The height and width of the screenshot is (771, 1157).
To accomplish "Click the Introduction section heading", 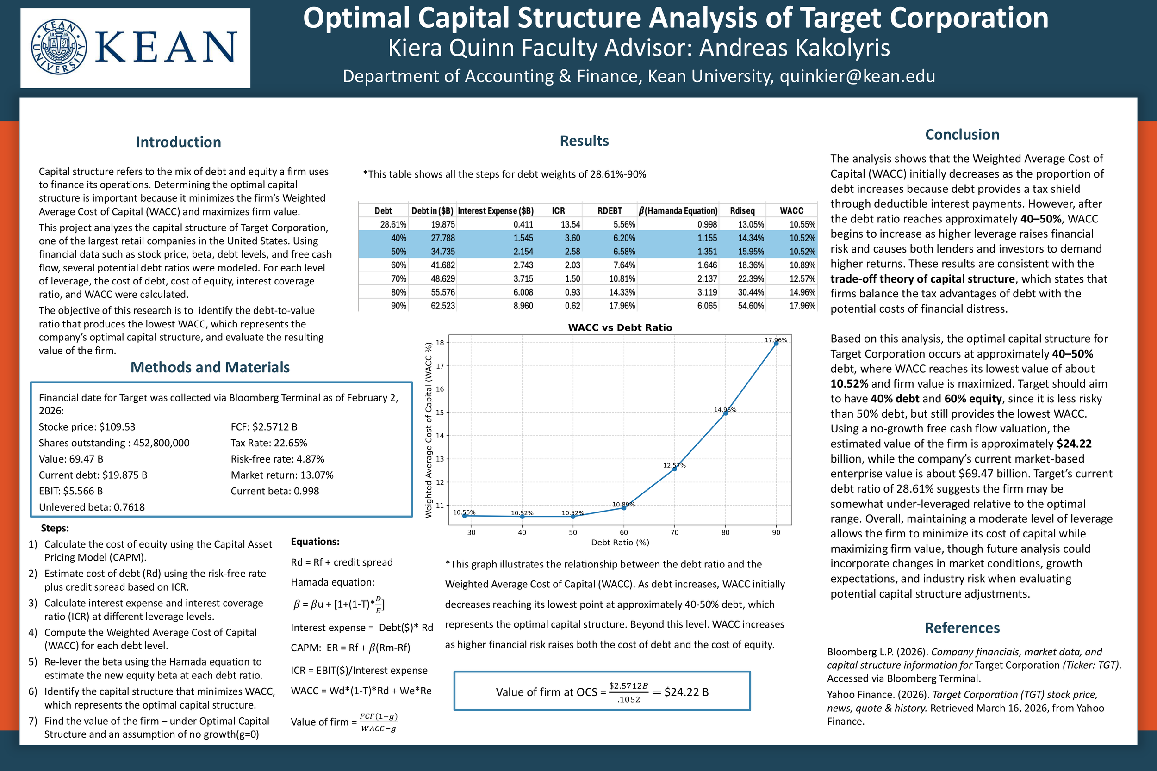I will [178, 142].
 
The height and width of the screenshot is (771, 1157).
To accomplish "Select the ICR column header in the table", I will [558, 211].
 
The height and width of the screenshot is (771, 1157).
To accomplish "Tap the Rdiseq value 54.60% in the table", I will [751, 306].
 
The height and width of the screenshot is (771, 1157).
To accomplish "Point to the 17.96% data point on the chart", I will [776, 344].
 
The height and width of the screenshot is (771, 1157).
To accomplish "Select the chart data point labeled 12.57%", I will [674, 469].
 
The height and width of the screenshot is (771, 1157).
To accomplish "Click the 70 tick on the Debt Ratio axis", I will [674, 532].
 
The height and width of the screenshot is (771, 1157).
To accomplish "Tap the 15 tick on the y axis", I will [440, 413].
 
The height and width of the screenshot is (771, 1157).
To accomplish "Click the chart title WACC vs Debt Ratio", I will [620, 327].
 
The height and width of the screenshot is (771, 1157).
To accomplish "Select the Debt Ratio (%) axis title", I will [620, 543].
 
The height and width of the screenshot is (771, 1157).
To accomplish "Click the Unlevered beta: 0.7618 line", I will [92, 507].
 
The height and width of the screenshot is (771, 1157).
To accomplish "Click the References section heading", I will [962, 628].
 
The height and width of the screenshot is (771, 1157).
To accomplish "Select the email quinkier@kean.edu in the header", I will [857, 76].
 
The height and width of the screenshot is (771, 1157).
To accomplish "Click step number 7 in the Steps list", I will [32, 721].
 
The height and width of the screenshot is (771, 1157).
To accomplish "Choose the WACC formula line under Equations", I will [361, 691].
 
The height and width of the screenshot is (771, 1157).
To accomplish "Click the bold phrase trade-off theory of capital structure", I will [922, 279].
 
